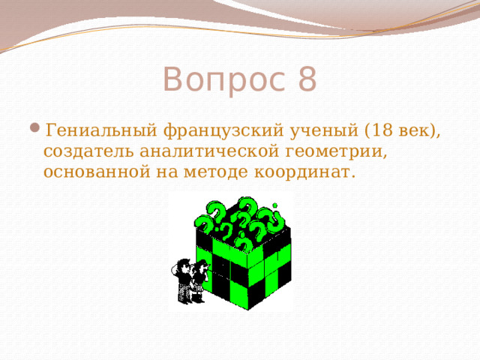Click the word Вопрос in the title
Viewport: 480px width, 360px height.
coord(220,79)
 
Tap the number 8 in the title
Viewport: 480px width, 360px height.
coord(306,79)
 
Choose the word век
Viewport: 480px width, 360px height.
coord(415,130)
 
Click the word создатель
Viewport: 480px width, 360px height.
coord(86,152)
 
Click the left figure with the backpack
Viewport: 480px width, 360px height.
coord(182,279)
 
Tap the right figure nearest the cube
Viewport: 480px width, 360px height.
coord(200,279)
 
